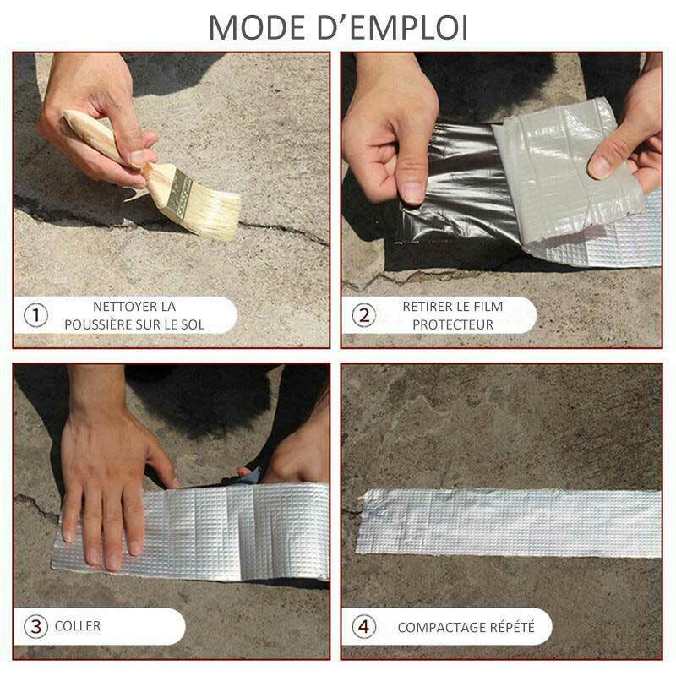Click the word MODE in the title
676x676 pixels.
[x=257, y=28]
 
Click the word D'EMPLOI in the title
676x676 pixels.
[x=393, y=28]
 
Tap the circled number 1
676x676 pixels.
[x=35, y=315]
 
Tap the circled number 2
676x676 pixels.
[x=364, y=315]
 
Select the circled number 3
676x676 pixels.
[x=35, y=626]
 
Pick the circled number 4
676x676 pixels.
[x=364, y=626]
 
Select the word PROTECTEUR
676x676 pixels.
[x=453, y=324]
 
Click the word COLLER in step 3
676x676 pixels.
[x=78, y=626]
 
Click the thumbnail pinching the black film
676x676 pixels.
[x=413, y=193]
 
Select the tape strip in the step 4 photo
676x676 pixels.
[x=509, y=523]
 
